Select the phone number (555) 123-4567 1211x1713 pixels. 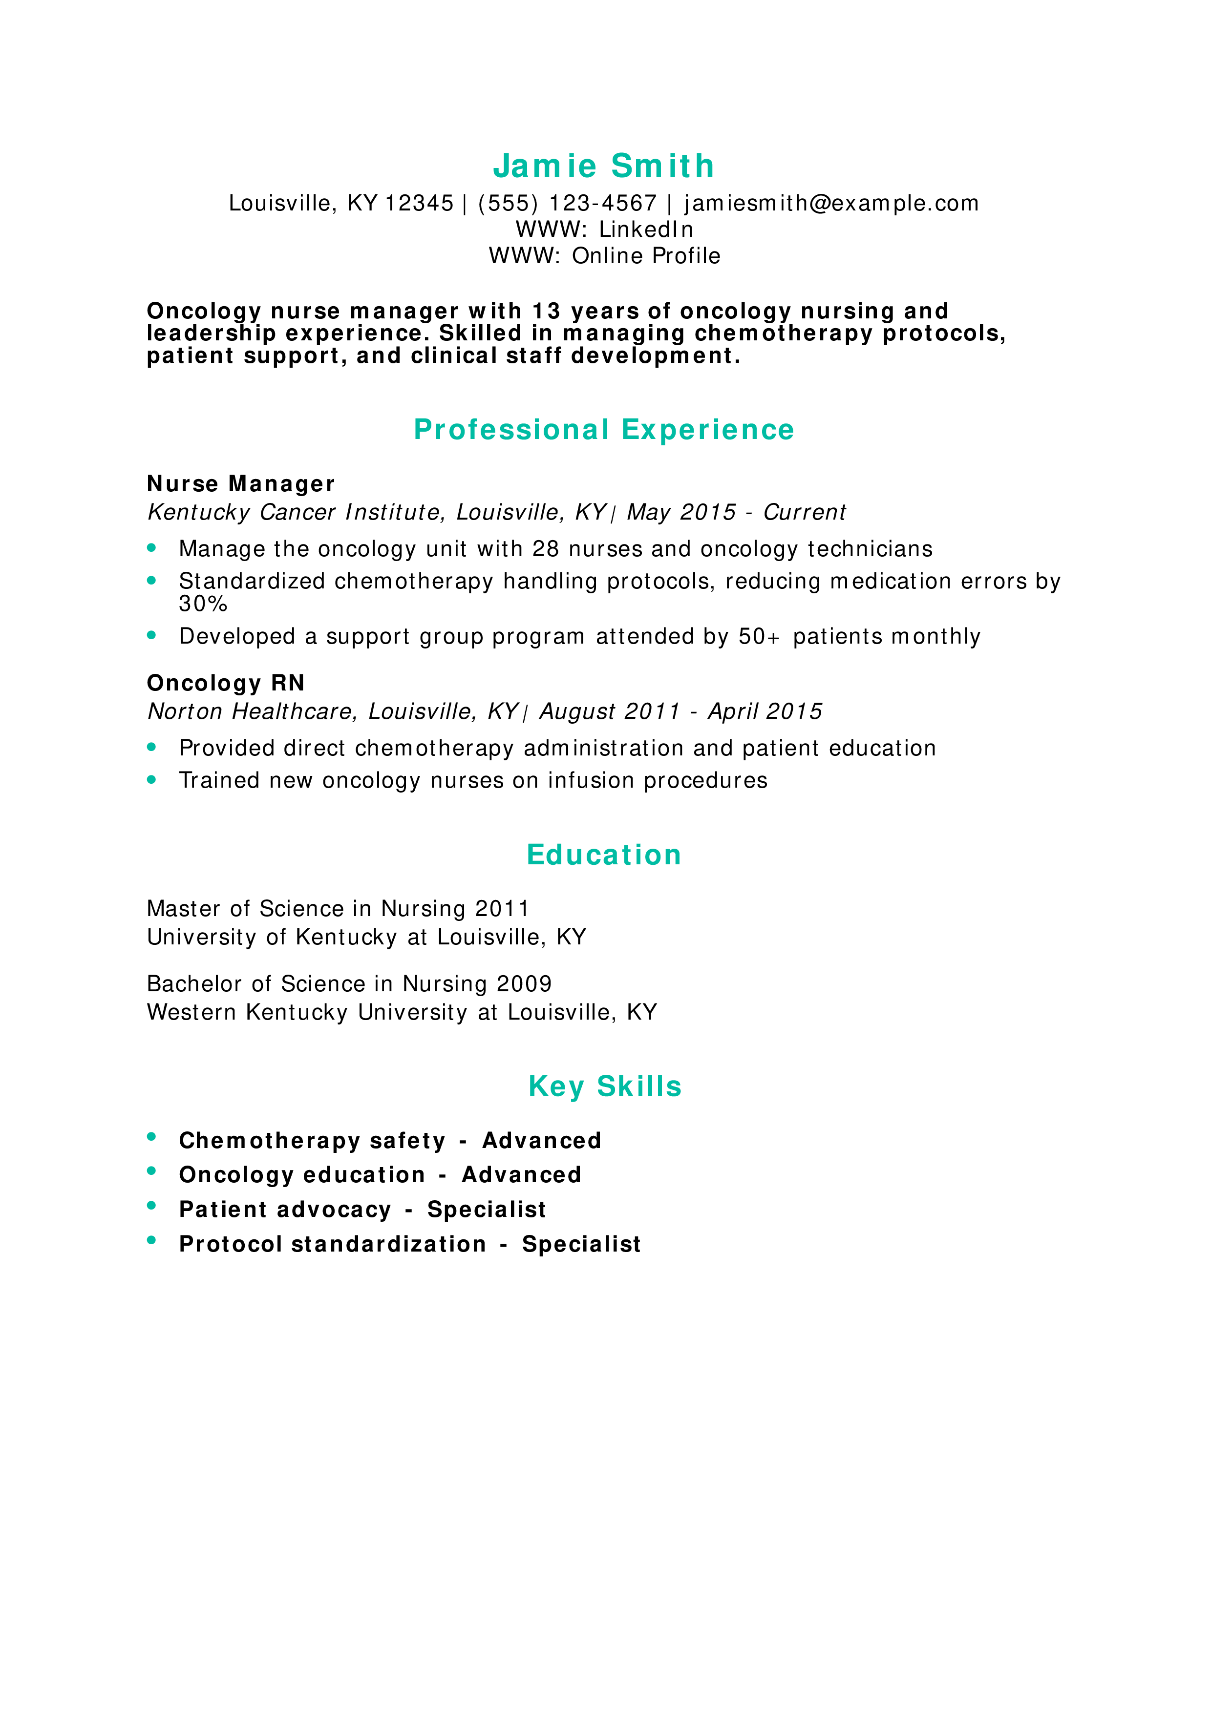[x=567, y=203]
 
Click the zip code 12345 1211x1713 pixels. [x=419, y=203]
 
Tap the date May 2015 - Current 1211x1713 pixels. [x=736, y=513]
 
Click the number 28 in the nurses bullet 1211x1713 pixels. [x=546, y=549]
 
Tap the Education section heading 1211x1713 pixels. [x=604, y=855]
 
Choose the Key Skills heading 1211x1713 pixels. [x=604, y=1086]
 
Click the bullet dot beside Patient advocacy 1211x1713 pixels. [x=151, y=1205]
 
